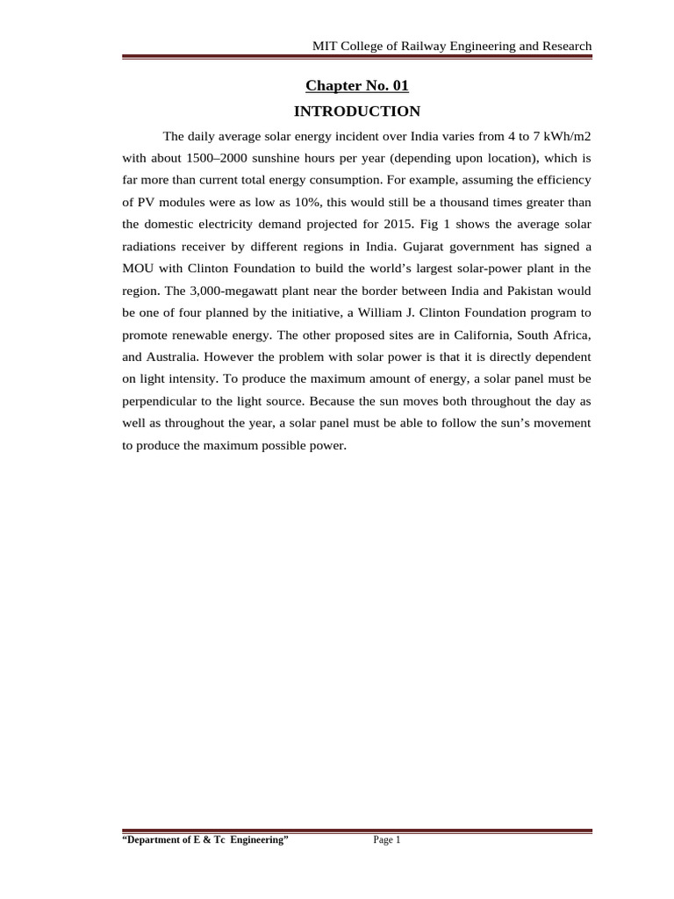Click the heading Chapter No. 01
(357, 86)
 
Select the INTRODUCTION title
(357, 111)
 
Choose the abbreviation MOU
(139, 269)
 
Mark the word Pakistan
(538, 291)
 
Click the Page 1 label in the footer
(386, 840)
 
